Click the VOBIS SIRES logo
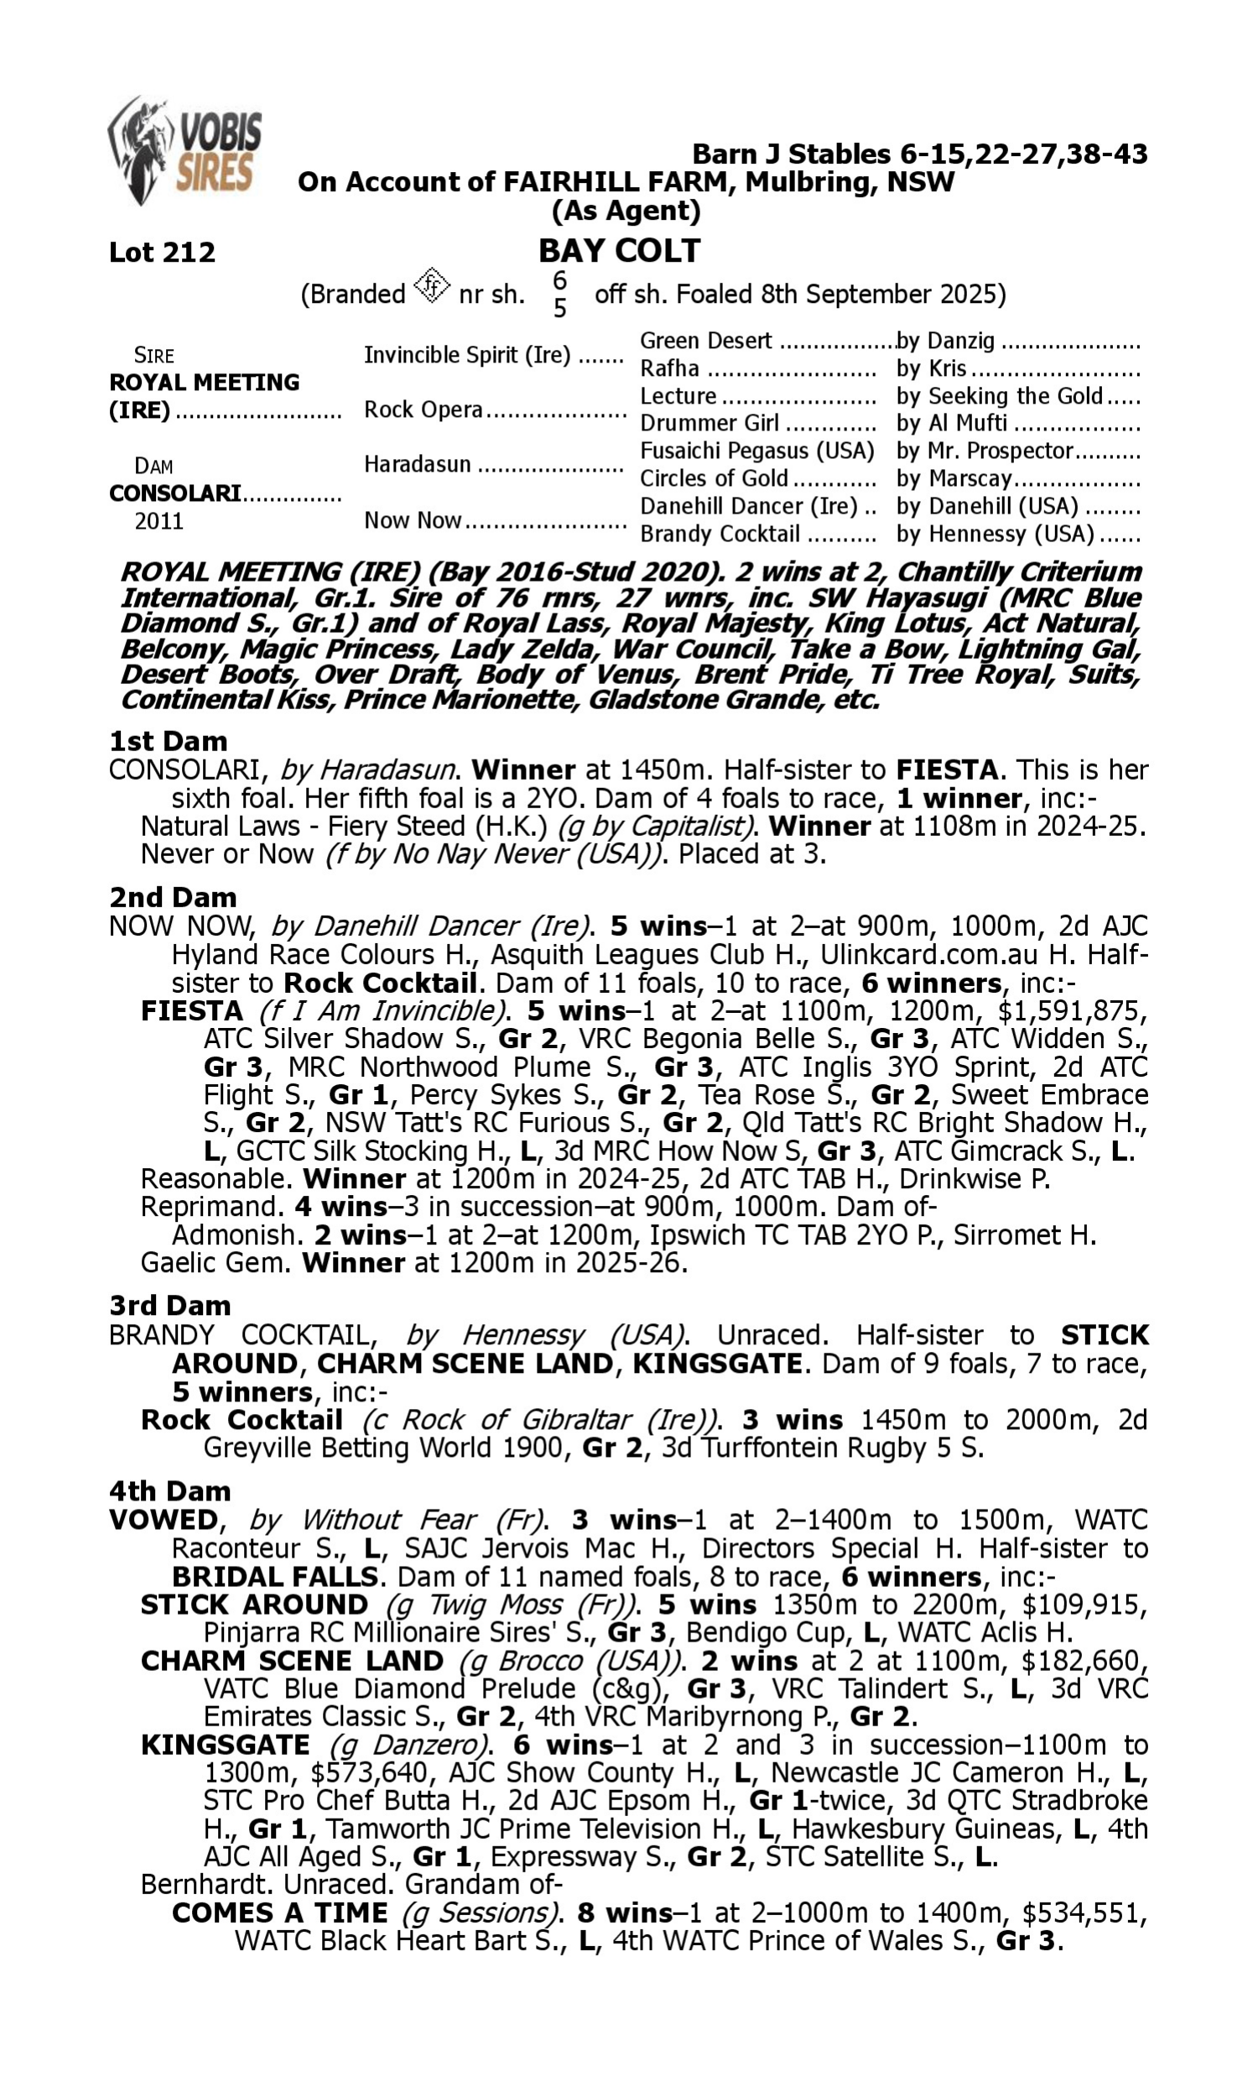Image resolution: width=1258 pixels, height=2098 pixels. pyautogui.click(x=185, y=150)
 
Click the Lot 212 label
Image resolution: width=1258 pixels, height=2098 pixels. pyautogui.click(x=162, y=252)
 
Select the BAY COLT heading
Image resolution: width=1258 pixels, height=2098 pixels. pyautogui.click(x=619, y=251)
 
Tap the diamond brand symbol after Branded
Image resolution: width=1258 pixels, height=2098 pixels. pyautogui.click(x=431, y=286)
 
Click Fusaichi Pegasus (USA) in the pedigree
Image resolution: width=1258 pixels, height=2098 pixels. pyautogui.click(x=756, y=451)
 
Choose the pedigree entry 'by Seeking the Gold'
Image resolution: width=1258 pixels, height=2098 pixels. pyautogui.click(x=1000, y=396)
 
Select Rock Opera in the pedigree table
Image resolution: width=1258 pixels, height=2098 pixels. pyautogui.click(x=423, y=410)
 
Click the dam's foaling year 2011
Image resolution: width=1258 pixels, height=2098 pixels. pyautogui.click(x=159, y=520)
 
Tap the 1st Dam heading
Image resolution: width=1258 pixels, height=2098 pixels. pyautogui.click(x=168, y=741)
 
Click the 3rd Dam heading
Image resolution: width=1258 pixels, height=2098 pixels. pyautogui.click(x=169, y=1305)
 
